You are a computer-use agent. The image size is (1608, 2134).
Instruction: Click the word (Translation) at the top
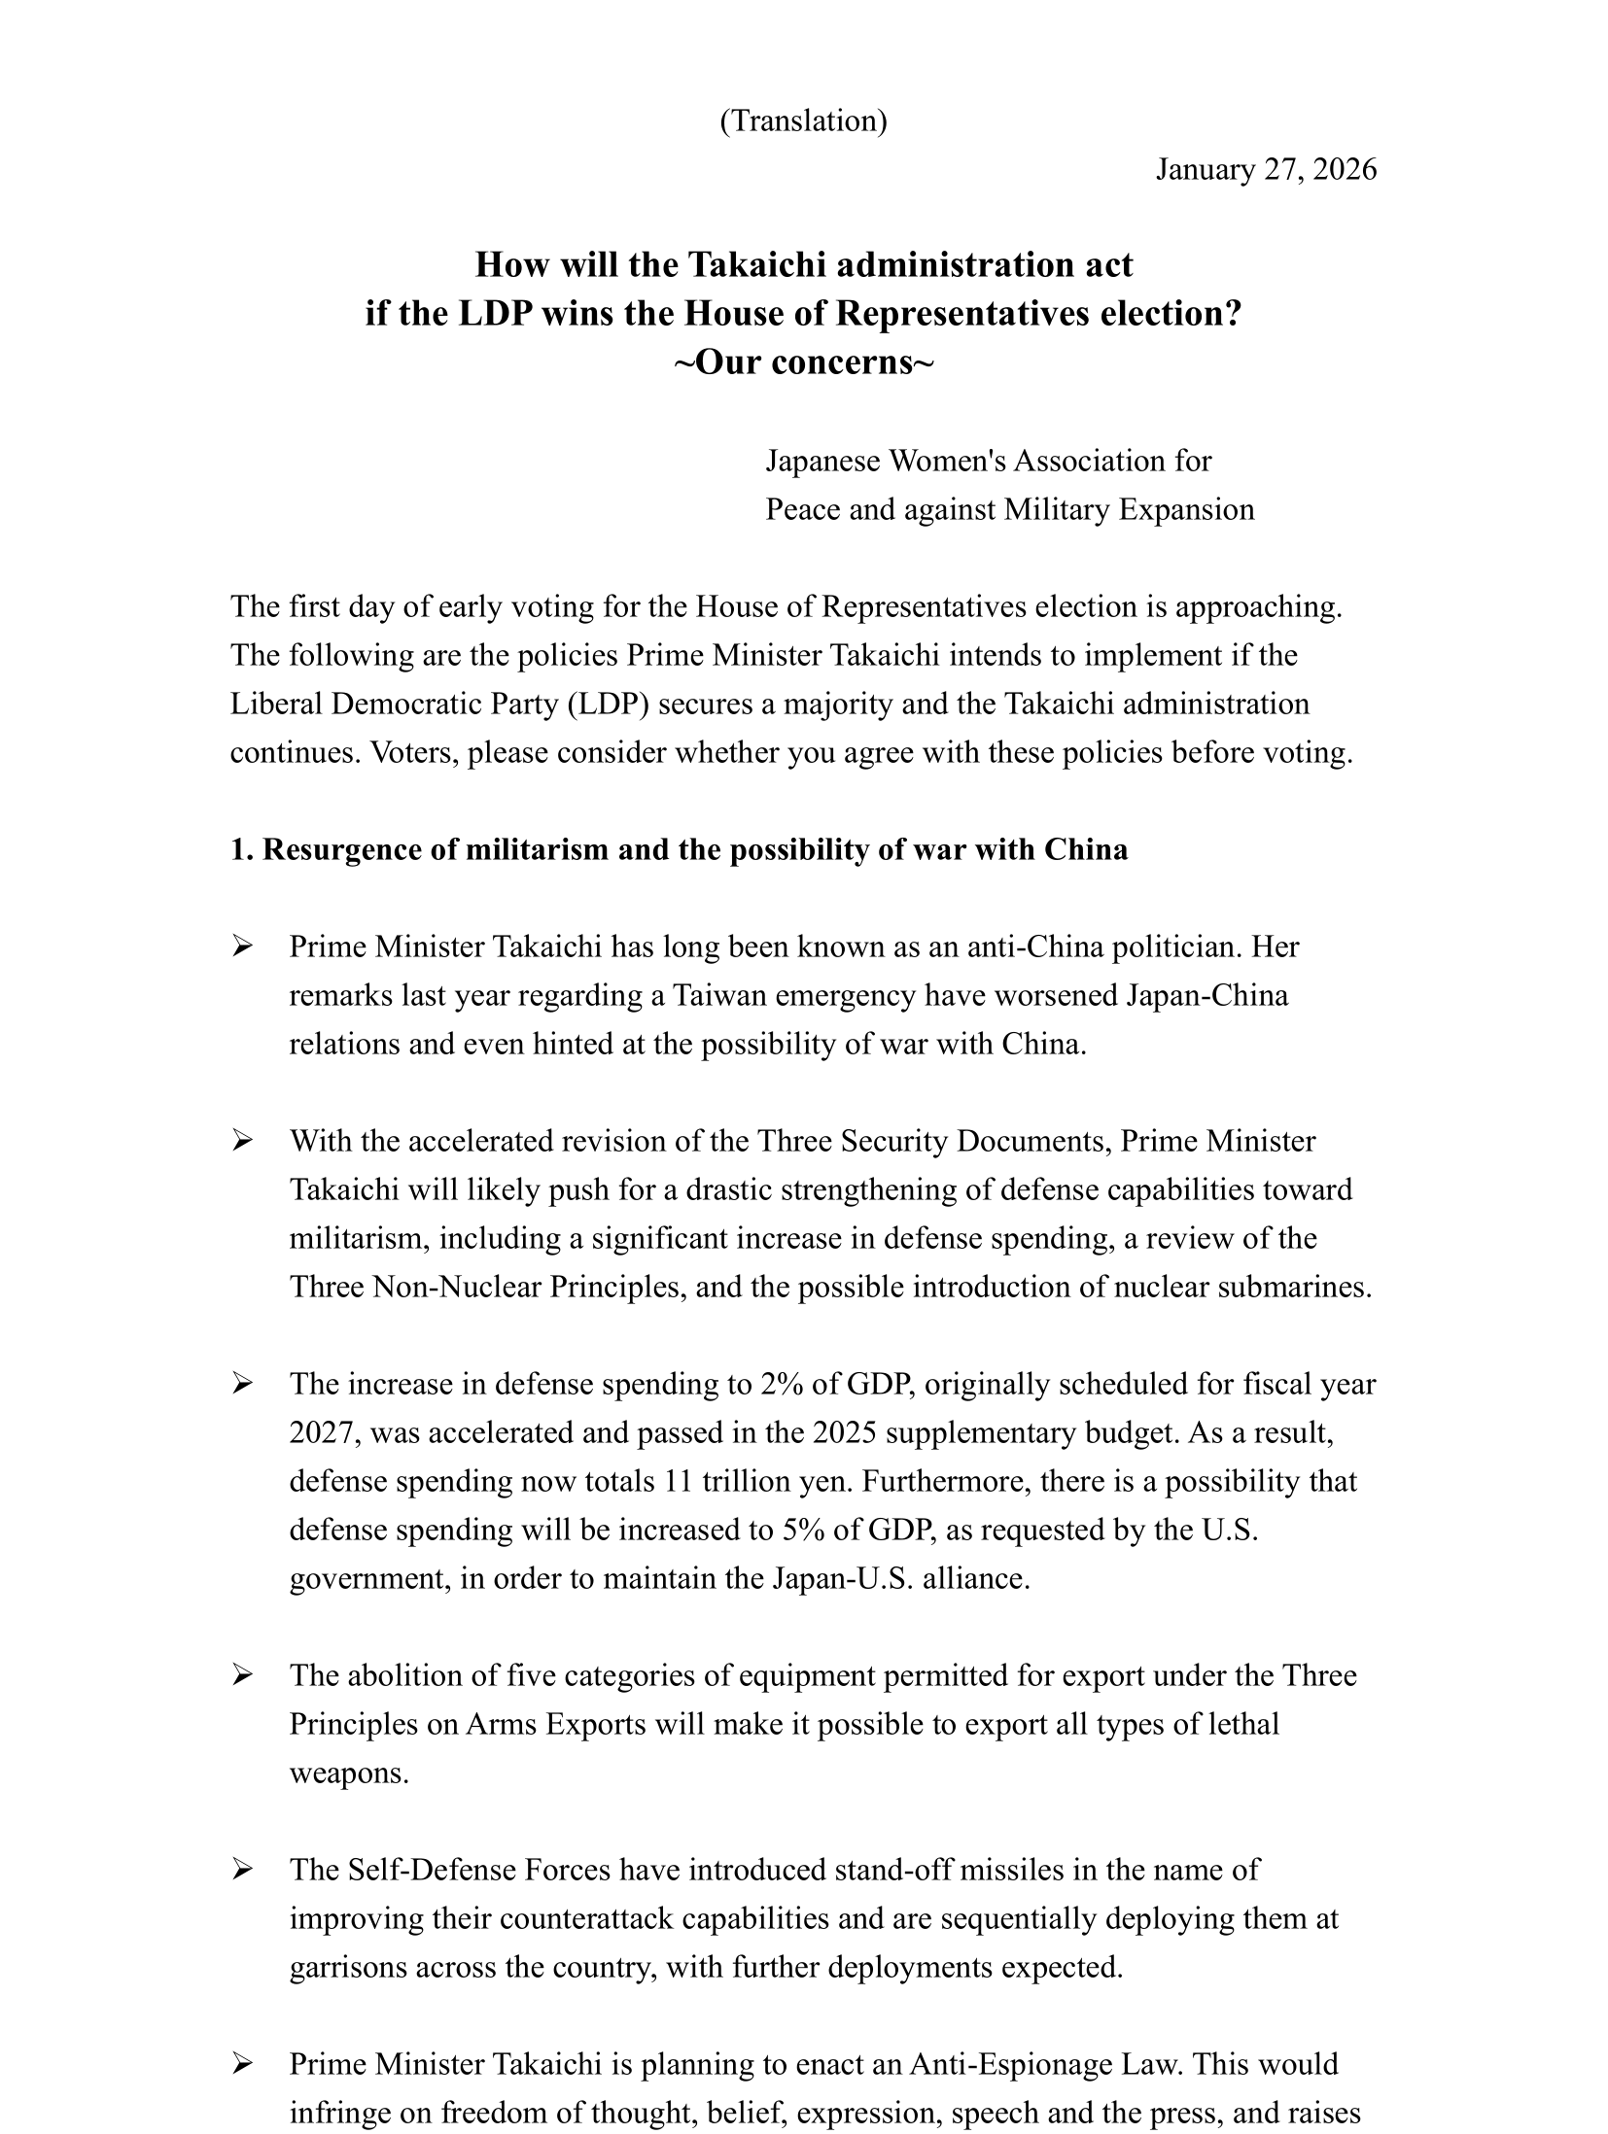coord(803,121)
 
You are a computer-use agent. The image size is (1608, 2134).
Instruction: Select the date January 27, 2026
coord(1266,170)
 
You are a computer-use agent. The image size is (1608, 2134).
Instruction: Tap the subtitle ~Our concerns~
coord(803,362)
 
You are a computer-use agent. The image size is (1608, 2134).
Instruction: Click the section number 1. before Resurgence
coord(242,850)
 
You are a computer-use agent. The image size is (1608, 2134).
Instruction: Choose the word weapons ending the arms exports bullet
coord(347,1773)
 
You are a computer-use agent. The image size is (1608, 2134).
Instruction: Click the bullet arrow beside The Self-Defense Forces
coord(243,1870)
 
